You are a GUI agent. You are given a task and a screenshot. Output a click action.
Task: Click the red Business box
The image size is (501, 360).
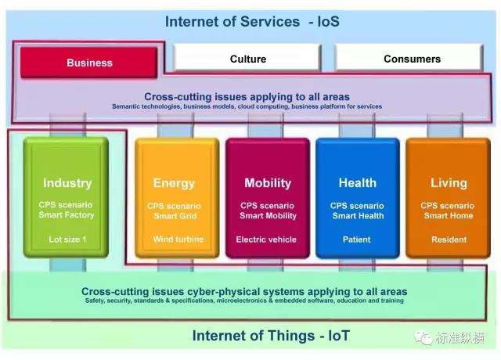[x=90, y=63]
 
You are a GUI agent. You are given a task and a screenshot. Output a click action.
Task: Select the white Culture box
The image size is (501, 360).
[x=248, y=59]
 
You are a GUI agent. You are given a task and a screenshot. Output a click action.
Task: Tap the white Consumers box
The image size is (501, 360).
[x=412, y=59]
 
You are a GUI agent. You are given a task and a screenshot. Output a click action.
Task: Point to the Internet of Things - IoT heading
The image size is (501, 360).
[x=271, y=337]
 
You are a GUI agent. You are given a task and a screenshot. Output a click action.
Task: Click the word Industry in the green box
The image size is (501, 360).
[x=67, y=183]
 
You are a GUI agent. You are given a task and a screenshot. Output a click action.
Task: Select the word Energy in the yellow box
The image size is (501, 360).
[x=174, y=183]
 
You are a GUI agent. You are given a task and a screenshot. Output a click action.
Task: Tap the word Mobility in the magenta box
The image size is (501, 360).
[x=268, y=183]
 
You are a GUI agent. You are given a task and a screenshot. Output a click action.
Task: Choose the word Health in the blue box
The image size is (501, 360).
[x=358, y=183]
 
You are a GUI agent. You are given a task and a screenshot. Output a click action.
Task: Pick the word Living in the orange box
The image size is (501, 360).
[x=449, y=183]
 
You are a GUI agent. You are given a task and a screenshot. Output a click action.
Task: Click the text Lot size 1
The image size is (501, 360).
[x=67, y=239]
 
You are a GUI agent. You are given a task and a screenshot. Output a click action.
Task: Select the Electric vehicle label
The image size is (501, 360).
[x=268, y=239]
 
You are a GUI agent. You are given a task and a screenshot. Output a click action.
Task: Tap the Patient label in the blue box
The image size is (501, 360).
[x=357, y=239]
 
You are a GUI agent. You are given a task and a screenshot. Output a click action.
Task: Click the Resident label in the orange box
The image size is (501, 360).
[x=449, y=239]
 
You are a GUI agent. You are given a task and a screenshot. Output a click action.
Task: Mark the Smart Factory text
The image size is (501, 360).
[x=67, y=215]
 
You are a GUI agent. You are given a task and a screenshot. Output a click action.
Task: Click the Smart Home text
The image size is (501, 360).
[x=449, y=215]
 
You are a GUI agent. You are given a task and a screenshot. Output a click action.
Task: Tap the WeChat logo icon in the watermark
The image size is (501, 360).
[x=424, y=337]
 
